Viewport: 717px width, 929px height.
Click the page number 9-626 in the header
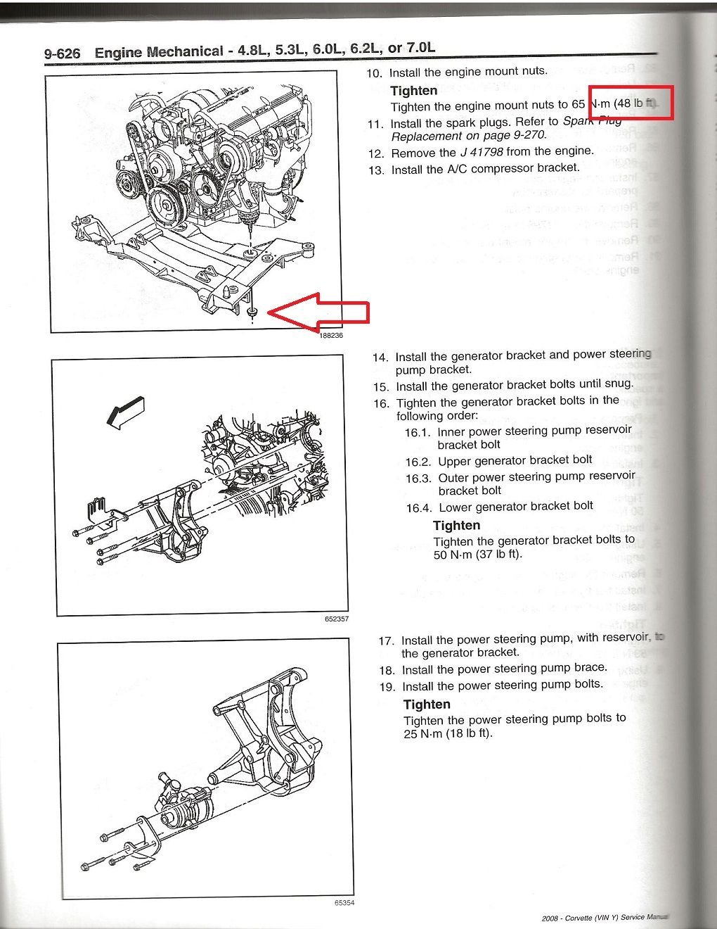[62, 53]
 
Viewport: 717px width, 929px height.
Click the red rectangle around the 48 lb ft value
[631, 103]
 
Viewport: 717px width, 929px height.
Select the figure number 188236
[330, 336]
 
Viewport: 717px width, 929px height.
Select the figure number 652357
[336, 619]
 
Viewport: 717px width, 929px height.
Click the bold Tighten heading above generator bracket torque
[456, 525]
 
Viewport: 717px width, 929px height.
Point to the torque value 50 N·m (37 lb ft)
[478, 554]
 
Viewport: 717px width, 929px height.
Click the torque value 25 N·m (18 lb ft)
[448, 733]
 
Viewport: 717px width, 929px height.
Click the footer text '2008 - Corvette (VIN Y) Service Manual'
[605, 918]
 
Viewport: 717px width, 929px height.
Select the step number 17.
[386, 641]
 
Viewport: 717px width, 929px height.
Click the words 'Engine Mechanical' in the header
[159, 52]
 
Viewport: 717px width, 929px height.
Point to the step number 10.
[375, 73]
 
